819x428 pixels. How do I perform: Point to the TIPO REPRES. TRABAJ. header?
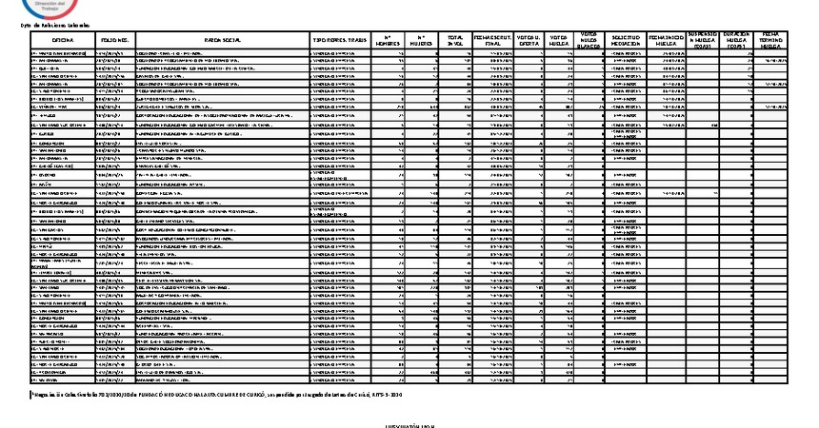[340, 40]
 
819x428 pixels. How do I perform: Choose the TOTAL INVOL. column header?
[457, 40]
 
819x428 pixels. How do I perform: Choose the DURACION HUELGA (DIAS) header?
[738, 39]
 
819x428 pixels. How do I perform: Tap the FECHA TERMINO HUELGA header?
[772, 39]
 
